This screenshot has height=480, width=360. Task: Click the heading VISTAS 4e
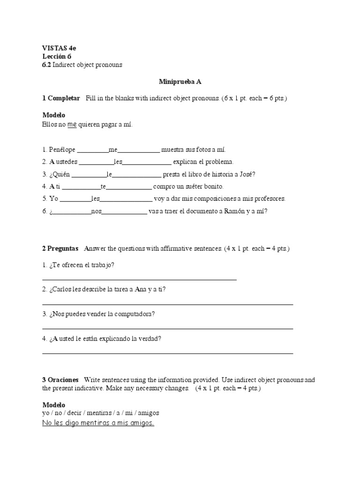[58, 48]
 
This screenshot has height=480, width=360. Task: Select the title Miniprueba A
[180, 82]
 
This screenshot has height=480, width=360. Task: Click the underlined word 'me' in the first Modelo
[72, 125]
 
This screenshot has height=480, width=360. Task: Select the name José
[246, 174]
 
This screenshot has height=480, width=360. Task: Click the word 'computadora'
[134, 314]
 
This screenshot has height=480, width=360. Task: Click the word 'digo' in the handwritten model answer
[71, 423]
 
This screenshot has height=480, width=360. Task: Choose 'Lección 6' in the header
[57, 56]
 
